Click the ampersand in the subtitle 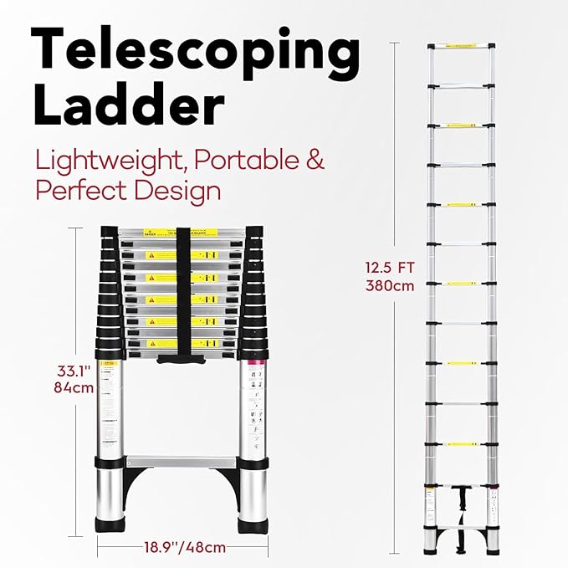click(x=315, y=161)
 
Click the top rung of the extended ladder click(x=461, y=45)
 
